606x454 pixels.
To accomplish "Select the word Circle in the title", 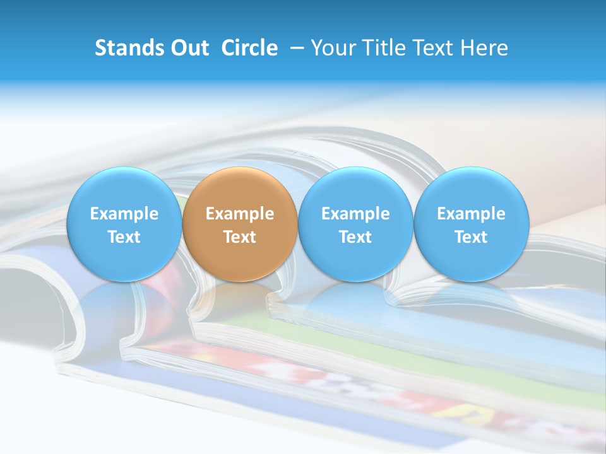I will click(x=249, y=48).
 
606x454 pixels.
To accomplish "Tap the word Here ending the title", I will click(x=484, y=48).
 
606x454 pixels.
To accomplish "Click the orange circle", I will click(x=240, y=224).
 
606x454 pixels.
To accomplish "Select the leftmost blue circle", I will click(x=124, y=224).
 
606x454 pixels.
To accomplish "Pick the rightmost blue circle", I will click(x=472, y=224).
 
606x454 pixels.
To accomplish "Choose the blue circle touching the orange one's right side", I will click(x=355, y=224).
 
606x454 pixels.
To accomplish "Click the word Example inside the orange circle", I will click(x=240, y=214).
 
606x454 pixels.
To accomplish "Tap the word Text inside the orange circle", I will click(x=240, y=237).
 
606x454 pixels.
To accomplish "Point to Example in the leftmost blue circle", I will click(x=124, y=214).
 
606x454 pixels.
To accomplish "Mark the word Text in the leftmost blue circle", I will click(x=124, y=237).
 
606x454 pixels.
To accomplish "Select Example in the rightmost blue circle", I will click(x=472, y=214).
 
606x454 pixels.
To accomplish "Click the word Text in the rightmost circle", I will click(x=472, y=237).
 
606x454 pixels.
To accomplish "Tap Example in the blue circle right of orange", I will click(x=355, y=214).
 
